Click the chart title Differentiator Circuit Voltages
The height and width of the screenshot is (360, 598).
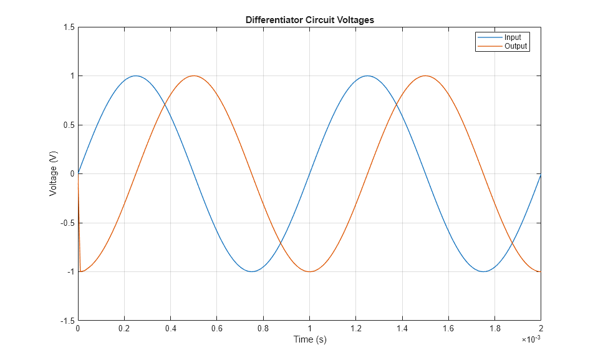click(309, 20)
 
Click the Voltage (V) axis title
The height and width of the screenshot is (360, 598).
click(54, 174)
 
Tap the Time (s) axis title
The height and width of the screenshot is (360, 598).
click(310, 339)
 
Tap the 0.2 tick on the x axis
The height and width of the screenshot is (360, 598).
click(124, 328)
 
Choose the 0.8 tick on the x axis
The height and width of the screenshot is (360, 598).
click(263, 328)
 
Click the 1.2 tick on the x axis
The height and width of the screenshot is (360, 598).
click(355, 328)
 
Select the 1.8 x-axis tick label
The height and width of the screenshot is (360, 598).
click(494, 328)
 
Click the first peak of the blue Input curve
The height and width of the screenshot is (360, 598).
click(136, 76)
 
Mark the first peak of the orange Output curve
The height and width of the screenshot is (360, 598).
click(194, 76)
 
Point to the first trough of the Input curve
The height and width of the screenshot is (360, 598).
click(252, 271)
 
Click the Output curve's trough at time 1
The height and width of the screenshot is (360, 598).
click(309, 271)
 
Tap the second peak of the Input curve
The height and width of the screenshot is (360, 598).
click(367, 76)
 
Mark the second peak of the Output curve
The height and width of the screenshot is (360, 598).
click(425, 76)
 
